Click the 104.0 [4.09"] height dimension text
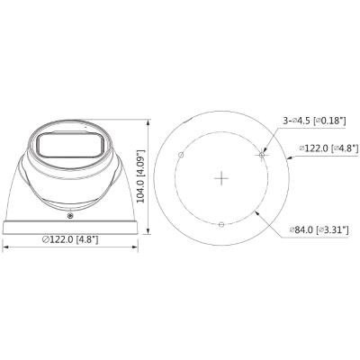[x=141, y=176]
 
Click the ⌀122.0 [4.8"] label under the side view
[x=70, y=239]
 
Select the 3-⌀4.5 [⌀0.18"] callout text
[x=315, y=121]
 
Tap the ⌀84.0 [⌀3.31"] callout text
[x=319, y=230]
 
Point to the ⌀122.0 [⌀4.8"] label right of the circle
[x=329, y=148]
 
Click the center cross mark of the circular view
[x=221, y=178]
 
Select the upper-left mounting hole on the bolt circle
[x=181, y=155]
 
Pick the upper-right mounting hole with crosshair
[x=262, y=155]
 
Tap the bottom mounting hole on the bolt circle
[x=221, y=224]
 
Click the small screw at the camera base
[x=70, y=215]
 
